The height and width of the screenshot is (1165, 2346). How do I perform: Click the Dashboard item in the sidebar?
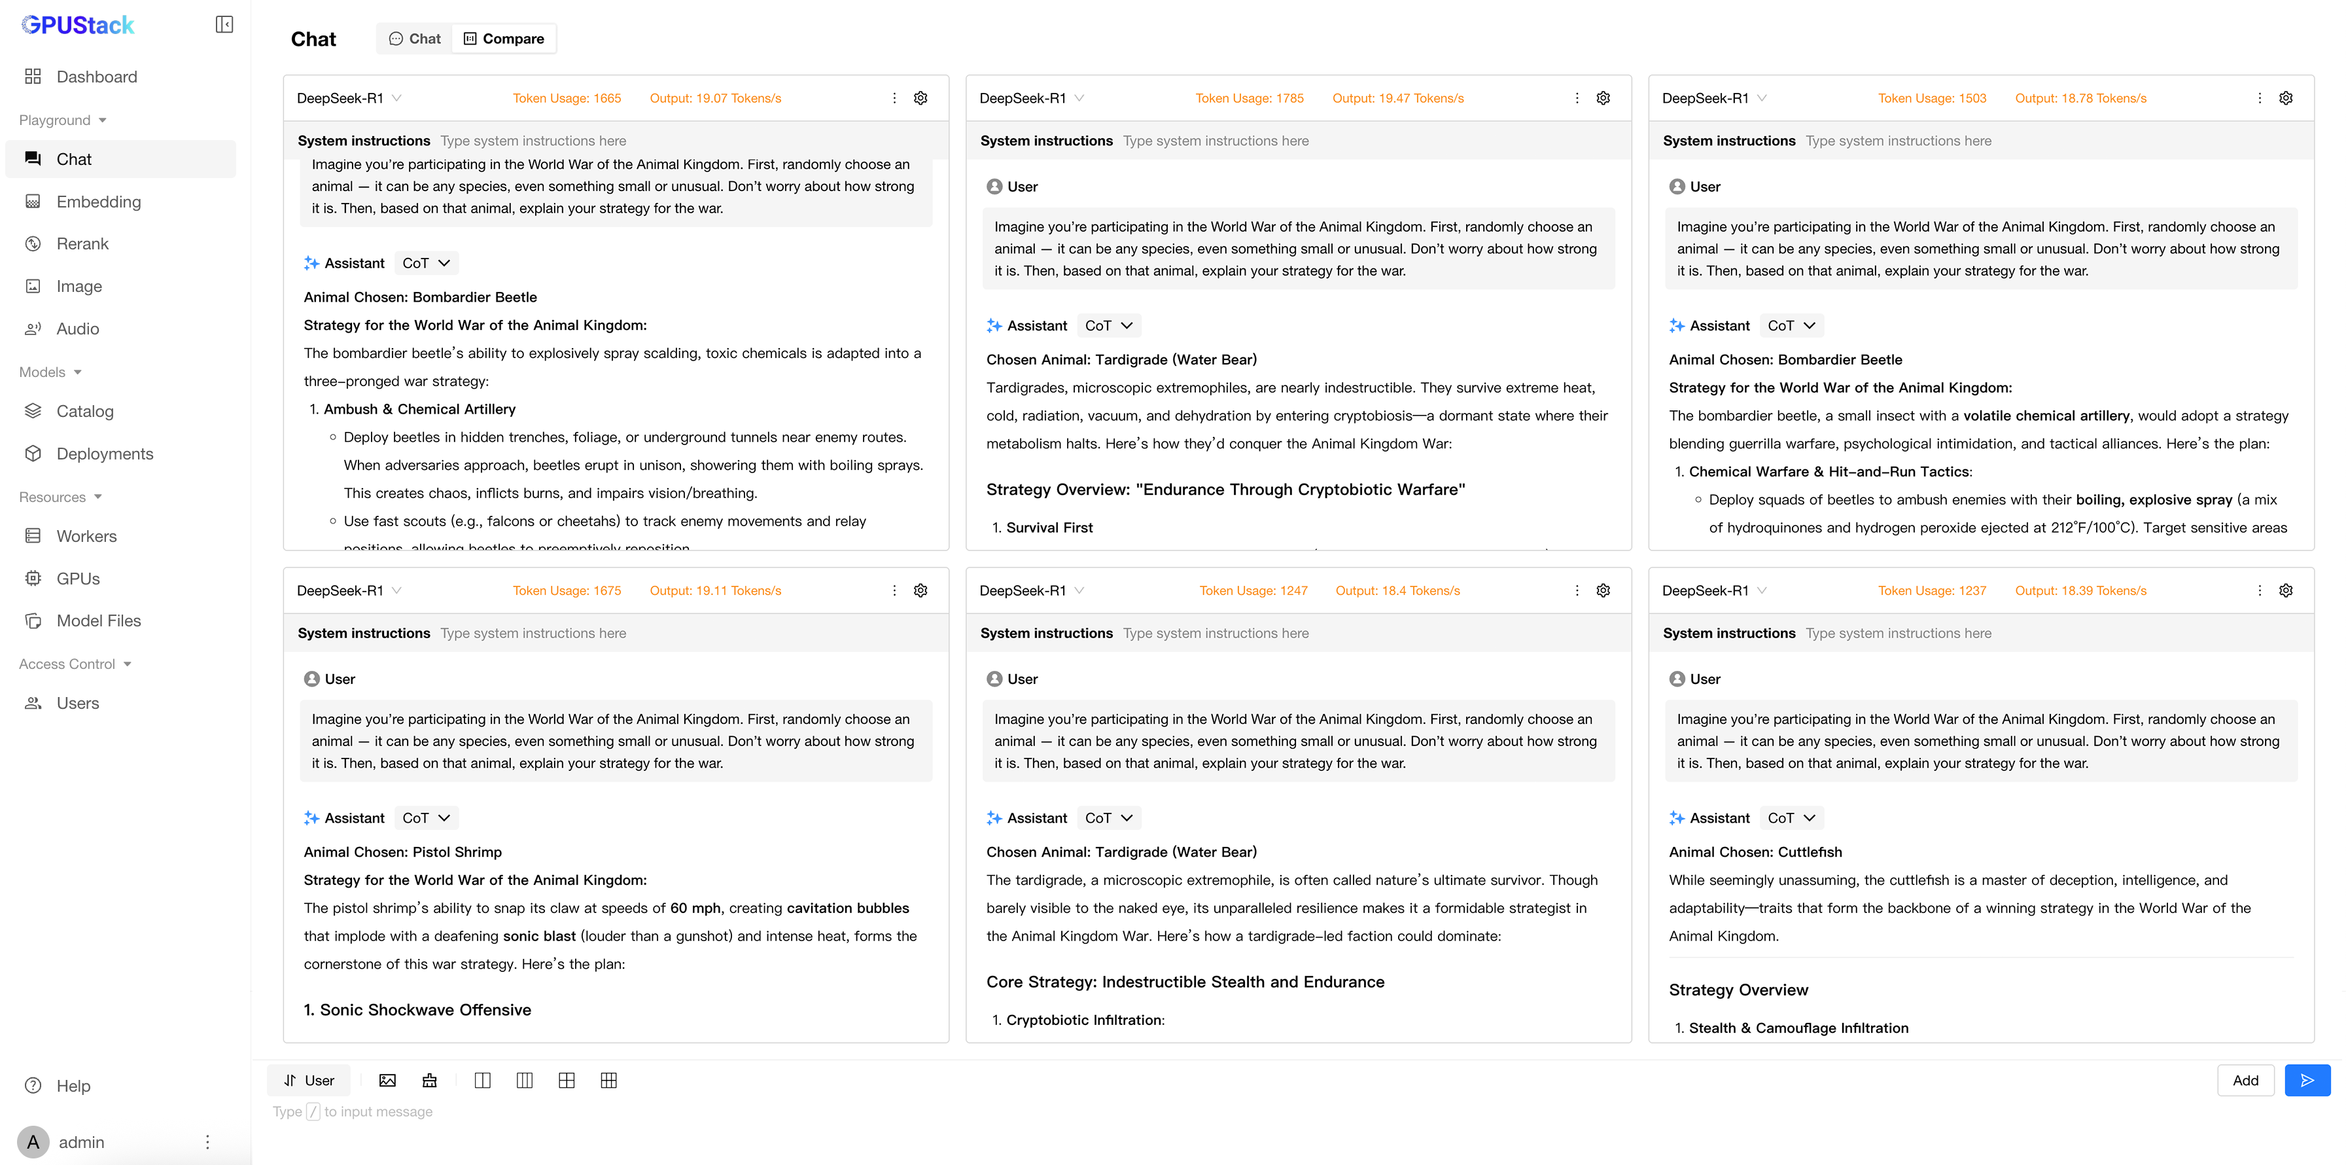coord(96,77)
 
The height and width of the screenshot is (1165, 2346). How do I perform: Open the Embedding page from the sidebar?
coord(97,202)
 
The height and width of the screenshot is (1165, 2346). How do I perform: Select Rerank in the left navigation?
coord(82,243)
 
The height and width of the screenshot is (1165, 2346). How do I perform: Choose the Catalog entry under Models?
coord(84,411)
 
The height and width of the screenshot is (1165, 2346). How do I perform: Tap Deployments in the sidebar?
coord(104,454)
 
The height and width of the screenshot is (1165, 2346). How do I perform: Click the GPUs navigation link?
coord(77,579)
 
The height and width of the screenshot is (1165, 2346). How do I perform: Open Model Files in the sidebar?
coord(98,620)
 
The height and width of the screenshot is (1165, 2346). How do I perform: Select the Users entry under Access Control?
coord(77,703)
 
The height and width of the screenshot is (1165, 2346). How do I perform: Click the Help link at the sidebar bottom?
coord(73,1086)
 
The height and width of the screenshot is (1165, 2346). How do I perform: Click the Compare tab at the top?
coord(504,38)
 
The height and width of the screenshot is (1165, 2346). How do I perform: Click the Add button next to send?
coord(2245,1081)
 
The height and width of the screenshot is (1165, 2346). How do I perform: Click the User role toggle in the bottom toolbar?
coord(309,1081)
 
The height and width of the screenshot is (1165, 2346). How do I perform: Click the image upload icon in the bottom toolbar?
coord(387,1081)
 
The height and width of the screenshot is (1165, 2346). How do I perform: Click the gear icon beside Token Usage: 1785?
coord(1603,98)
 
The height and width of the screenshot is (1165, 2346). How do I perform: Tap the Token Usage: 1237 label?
coord(1932,590)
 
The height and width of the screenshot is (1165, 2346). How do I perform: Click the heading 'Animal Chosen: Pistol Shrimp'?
coord(402,851)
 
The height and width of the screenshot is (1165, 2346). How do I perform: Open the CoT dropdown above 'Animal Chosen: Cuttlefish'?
coord(1791,818)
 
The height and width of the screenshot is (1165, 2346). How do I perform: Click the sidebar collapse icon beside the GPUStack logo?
coord(224,25)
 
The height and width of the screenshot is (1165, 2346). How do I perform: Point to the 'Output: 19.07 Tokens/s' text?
coord(715,98)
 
